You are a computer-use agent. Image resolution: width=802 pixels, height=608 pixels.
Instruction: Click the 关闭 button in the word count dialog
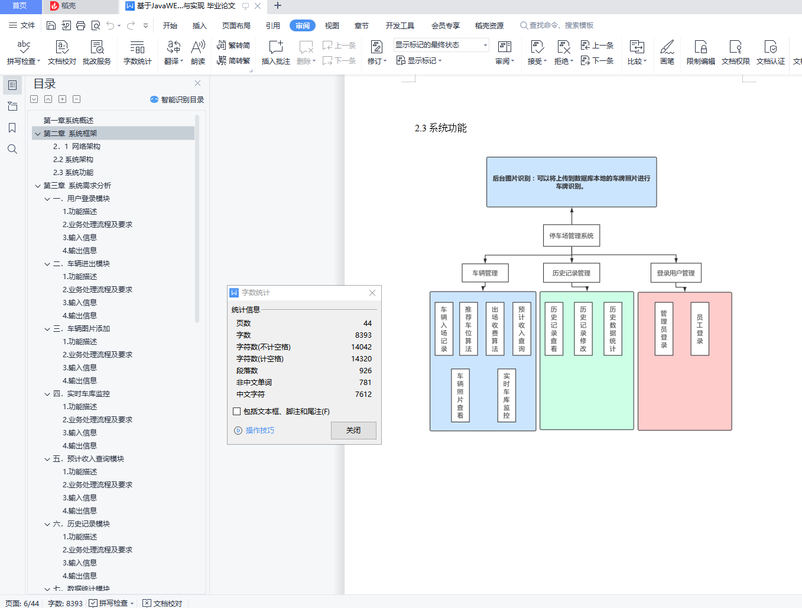coord(353,431)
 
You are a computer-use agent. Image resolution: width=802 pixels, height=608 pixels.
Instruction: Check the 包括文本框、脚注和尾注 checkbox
coord(237,411)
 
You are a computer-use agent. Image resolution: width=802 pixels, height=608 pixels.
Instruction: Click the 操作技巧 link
coord(260,431)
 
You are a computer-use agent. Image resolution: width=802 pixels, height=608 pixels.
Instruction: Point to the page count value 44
coord(367,323)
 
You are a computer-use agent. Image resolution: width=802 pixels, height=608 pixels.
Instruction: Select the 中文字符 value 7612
coord(363,394)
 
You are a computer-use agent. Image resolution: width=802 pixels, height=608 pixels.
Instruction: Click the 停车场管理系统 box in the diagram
coord(572,236)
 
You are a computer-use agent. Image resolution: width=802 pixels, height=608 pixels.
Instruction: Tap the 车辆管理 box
coord(485,273)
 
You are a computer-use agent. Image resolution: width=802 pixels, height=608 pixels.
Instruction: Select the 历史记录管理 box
coord(572,273)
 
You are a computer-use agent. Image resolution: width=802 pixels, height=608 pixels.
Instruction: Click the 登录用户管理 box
coord(676,273)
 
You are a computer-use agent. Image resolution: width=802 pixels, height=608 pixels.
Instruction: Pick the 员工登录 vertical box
coord(700,329)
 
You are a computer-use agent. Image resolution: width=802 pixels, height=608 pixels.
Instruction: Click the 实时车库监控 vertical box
coord(506,395)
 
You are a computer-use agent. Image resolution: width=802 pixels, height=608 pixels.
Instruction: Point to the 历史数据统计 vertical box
coord(613,329)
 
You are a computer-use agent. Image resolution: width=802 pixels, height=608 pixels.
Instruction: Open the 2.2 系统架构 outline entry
coord(73,160)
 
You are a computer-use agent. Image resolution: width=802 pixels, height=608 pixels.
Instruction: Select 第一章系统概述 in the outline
coord(69,120)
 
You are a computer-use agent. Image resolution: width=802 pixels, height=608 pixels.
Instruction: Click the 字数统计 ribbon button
coord(137,52)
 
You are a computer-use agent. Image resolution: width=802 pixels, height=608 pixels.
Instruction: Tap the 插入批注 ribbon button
coord(276,52)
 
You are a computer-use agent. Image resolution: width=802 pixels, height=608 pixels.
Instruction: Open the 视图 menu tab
coord(332,25)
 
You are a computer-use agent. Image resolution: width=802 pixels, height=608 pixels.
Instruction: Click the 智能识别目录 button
coord(177,99)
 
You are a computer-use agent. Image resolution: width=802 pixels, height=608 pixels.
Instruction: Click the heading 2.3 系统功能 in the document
coord(441,128)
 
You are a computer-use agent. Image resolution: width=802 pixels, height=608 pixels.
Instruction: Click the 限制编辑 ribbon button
coord(700,52)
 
